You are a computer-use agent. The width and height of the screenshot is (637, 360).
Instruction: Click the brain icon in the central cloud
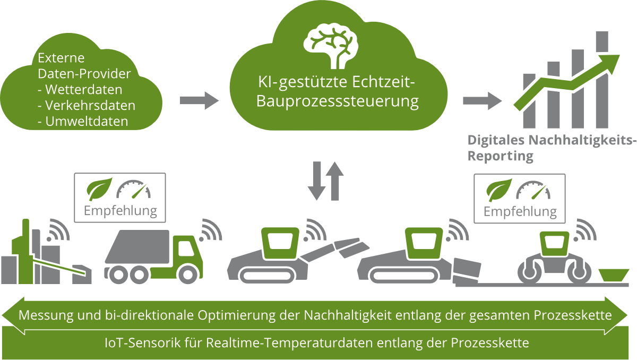(330, 45)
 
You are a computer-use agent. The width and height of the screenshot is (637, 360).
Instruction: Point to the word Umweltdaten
(87, 121)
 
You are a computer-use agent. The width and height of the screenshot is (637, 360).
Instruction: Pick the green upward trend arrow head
(610, 62)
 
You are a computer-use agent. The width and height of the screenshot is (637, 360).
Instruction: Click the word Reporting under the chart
(500, 157)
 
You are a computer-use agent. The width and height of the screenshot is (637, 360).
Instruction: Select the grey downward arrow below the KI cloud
(317, 183)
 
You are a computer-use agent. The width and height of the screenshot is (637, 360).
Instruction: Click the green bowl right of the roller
(610, 275)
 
